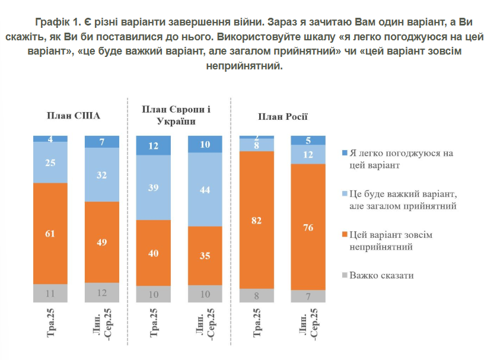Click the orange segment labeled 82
[x=256, y=220]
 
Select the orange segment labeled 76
[x=308, y=227]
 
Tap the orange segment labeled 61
[x=50, y=234]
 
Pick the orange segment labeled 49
[x=101, y=242]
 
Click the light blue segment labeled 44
[x=205, y=190]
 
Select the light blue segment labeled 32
[x=101, y=174]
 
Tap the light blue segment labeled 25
[x=50, y=162]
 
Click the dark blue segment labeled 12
[x=153, y=145]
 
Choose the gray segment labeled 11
[x=50, y=293]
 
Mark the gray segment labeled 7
[x=308, y=296]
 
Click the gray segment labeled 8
[x=256, y=295]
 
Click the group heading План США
[x=74, y=116]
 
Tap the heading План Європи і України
[x=177, y=114]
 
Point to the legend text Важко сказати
[x=381, y=275]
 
